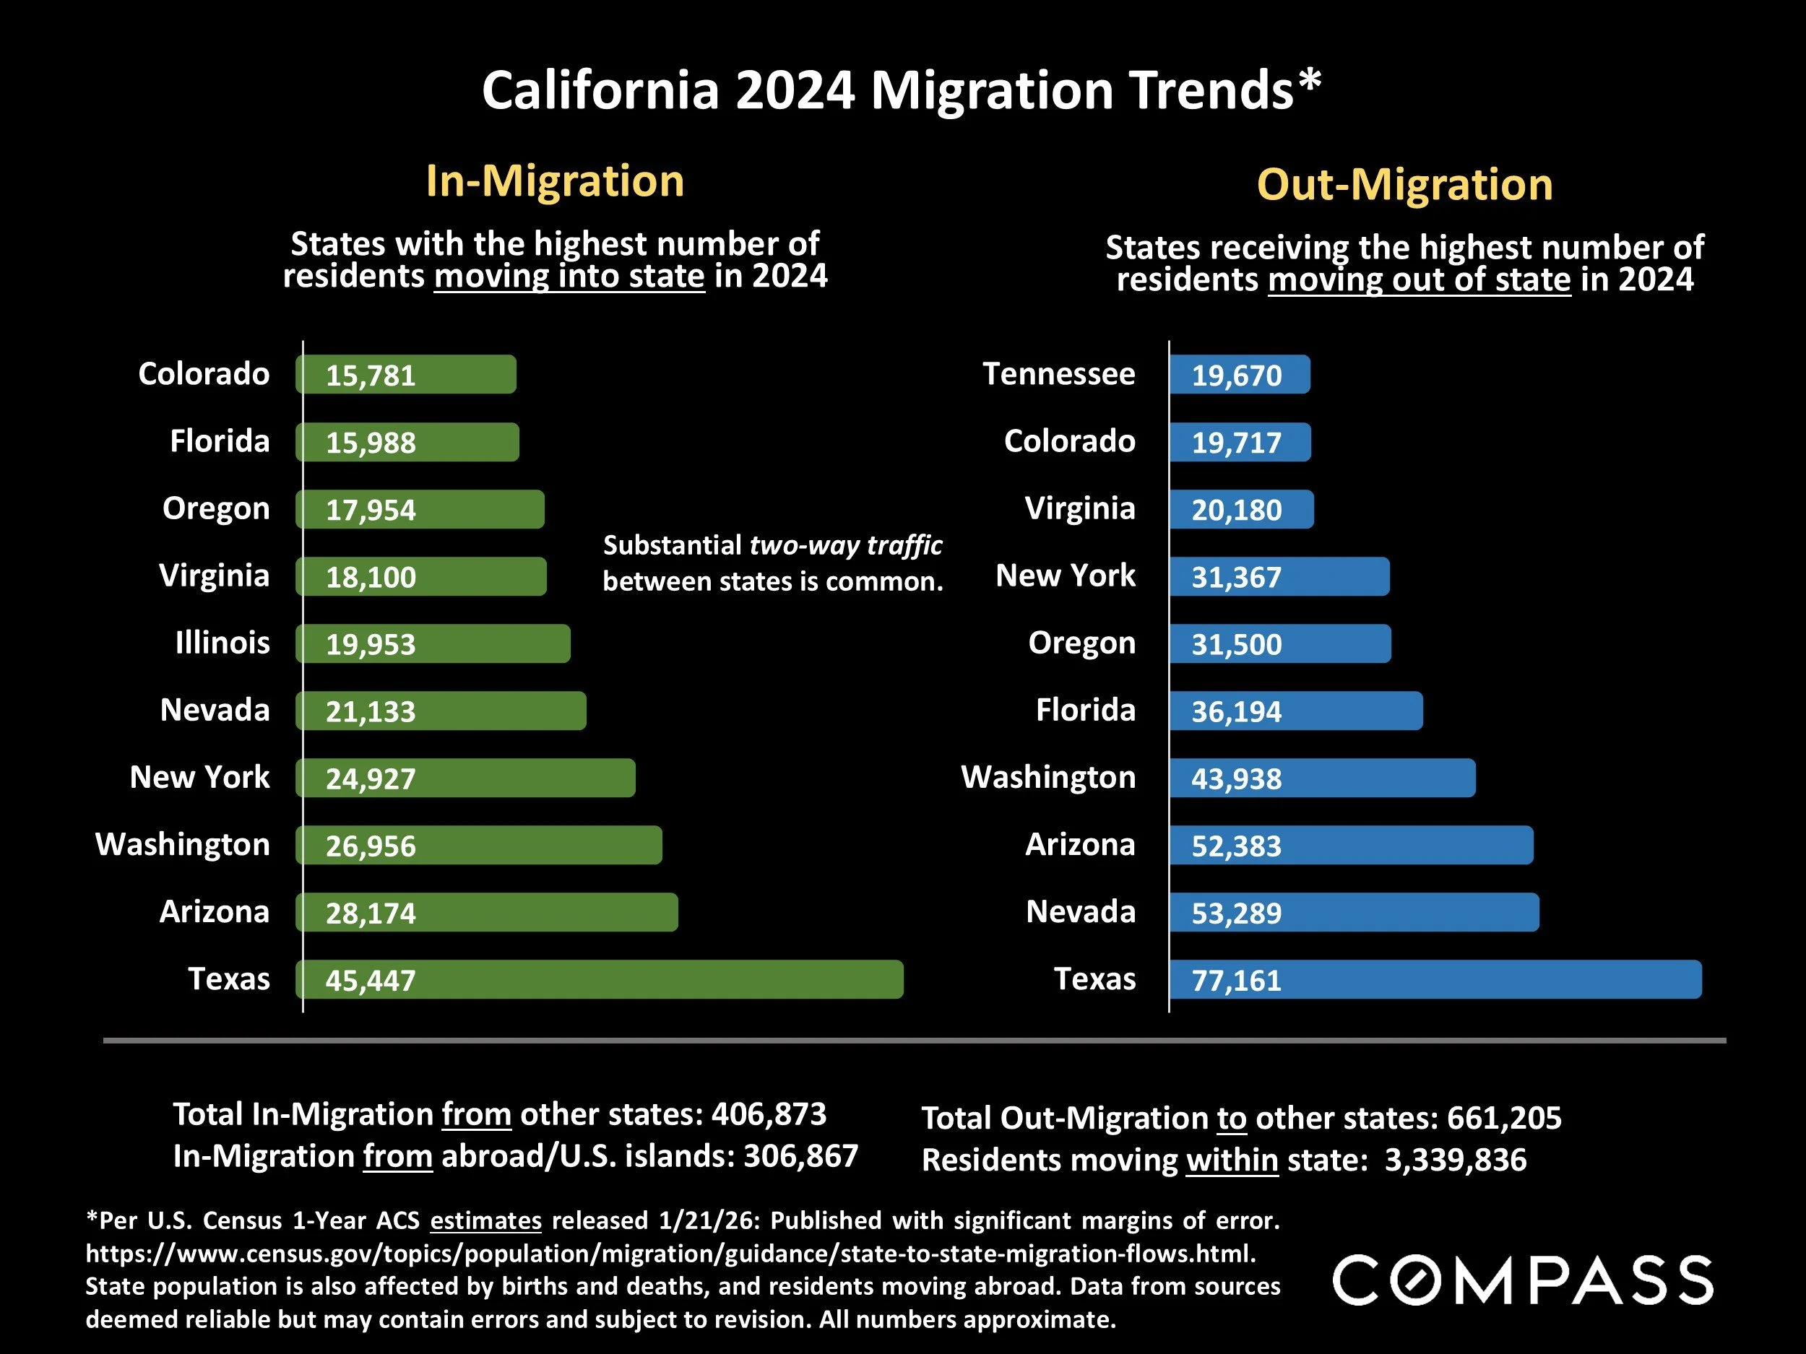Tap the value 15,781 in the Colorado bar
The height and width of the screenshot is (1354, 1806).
371,376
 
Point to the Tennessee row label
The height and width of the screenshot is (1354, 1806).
1058,374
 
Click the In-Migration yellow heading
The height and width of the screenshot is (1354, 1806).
554,181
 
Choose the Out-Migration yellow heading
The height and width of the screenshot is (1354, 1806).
1404,184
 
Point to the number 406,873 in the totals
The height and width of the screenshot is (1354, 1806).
769,1114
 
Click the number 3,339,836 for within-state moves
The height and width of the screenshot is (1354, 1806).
1455,1160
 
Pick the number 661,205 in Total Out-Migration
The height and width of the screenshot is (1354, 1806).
1504,1118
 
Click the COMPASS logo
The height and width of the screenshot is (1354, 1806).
1524,1280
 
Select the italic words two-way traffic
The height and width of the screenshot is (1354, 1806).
846,545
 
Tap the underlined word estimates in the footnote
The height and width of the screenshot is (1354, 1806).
485,1220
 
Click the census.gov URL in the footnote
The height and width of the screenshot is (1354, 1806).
670,1253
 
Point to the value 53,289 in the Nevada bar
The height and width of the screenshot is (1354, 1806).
1236,913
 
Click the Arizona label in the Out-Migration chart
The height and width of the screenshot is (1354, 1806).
1079,845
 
